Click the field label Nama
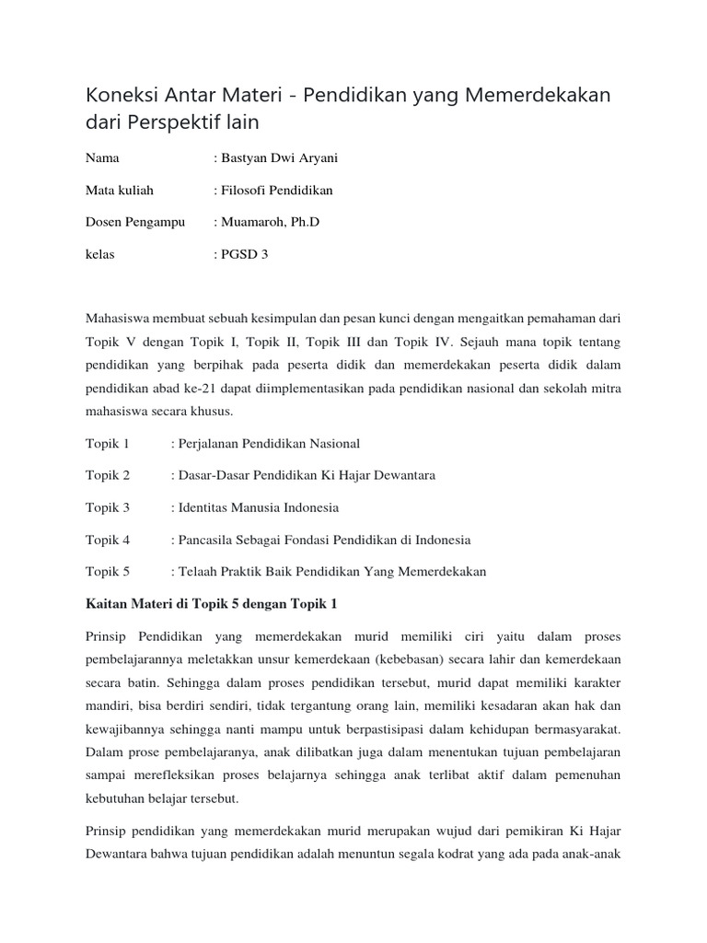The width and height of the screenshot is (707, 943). click(102, 158)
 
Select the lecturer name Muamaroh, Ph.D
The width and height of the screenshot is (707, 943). click(267, 222)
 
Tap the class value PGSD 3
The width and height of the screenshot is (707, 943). click(244, 254)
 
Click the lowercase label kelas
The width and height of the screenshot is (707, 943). click(100, 254)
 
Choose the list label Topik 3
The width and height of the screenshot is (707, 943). click(108, 507)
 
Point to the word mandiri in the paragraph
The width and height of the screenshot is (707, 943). click(109, 706)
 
